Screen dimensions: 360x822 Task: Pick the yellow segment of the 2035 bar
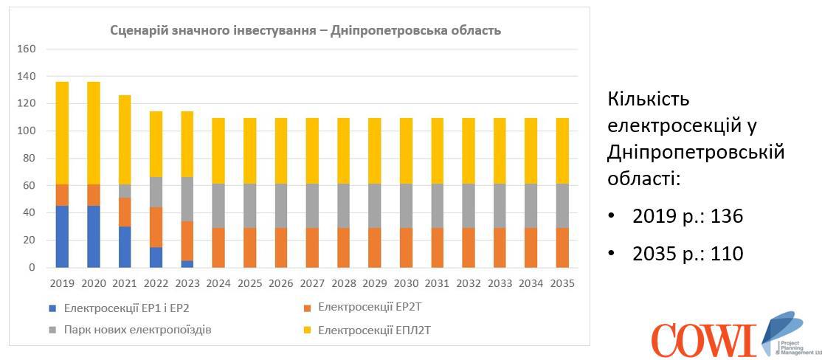tap(562, 151)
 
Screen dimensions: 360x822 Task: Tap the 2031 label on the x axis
tap(437, 283)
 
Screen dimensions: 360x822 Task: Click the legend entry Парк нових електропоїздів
tap(137, 330)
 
